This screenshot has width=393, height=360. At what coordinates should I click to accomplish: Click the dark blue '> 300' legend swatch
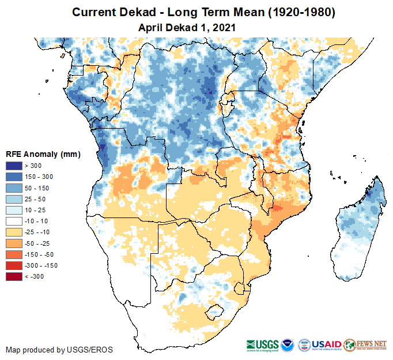(x=13, y=166)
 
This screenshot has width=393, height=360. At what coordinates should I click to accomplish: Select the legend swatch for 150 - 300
(x=13, y=177)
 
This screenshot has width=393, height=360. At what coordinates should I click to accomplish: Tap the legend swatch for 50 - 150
(x=13, y=188)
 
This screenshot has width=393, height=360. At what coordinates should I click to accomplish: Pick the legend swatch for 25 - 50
(x=13, y=199)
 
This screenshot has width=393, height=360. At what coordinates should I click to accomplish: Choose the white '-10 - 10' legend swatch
(x=13, y=221)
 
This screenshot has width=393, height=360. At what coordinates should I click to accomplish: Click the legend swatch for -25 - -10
(x=13, y=232)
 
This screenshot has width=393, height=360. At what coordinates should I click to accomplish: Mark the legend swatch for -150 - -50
(x=13, y=254)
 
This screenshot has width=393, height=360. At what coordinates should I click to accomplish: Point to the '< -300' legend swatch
(x=13, y=276)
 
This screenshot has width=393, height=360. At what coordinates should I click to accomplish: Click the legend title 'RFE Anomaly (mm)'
(x=43, y=155)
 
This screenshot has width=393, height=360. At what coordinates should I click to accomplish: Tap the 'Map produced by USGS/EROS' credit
(x=59, y=350)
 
